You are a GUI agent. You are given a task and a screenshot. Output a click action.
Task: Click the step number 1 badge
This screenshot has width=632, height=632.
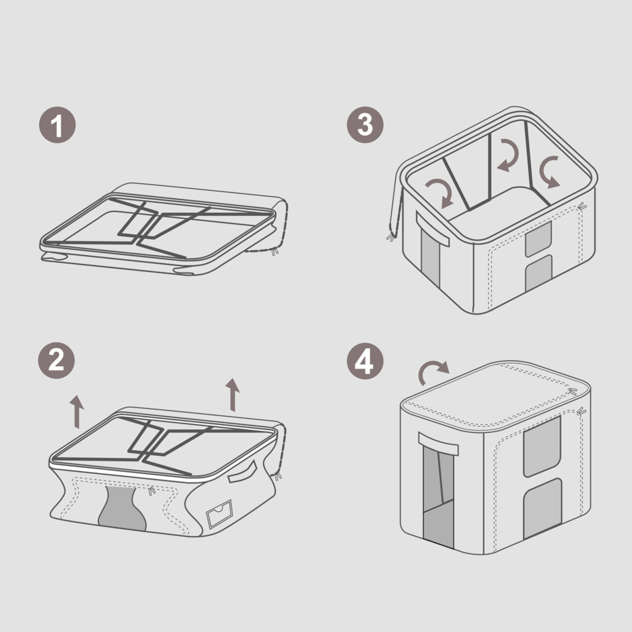click(58, 125)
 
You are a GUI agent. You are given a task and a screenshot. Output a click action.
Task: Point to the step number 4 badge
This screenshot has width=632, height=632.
click(365, 361)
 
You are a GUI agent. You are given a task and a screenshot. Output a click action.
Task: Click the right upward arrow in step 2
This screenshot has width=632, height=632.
click(232, 394)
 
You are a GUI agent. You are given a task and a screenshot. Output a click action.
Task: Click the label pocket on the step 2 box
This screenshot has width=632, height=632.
click(219, 514)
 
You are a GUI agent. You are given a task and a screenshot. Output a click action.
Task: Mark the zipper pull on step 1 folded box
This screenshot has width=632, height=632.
click(275, 252)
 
